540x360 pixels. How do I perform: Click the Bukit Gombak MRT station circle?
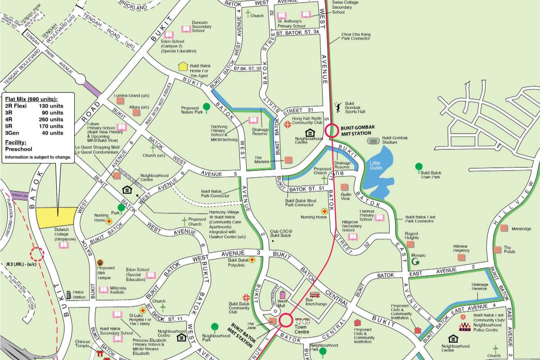click(x=332, y=130)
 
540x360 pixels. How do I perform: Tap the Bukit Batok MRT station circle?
click(x=285, y=320)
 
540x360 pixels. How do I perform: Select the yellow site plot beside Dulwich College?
click(x=57, y=217)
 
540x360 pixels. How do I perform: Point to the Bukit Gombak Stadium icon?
click(x=373, y=141)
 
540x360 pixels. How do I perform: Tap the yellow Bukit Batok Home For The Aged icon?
click(x=183, y=67)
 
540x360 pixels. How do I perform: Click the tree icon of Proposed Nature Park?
click(x=206, y=107)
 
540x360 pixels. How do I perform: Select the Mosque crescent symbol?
click(x=416, y=261)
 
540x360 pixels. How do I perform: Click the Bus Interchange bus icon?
click(x=315, y=295)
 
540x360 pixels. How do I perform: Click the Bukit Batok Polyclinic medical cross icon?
click(x=252, y=260)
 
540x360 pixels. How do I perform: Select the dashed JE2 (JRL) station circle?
click(x=37, y=254)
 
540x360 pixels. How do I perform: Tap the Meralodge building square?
click(x=504, y=228)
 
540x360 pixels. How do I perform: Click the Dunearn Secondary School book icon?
click(x=186, y=29)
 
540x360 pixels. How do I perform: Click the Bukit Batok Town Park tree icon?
click(x=419, y=167)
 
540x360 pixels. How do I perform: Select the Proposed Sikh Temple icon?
click(x=100, y=262)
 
